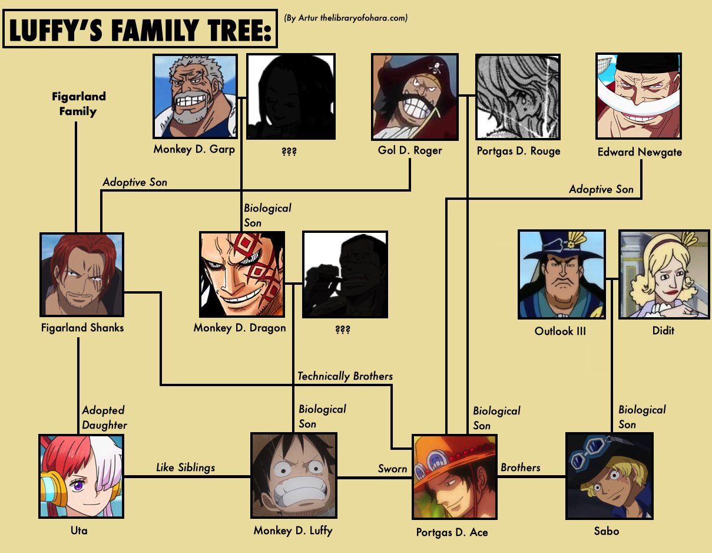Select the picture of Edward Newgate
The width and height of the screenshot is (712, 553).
[639, 96]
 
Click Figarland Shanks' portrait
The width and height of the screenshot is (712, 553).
[82, 274]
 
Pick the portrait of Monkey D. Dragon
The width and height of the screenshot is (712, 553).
[242, 274]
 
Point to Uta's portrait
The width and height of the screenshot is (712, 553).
[81, 476]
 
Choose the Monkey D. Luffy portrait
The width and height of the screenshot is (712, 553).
[294, 476]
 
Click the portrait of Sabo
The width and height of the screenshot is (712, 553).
[609, 476]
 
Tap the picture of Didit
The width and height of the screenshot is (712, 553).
[664, 274]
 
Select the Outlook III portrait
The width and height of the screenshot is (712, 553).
[561, 274]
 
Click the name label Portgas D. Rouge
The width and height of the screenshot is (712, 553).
[518, 151]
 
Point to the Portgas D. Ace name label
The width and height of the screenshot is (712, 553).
[452, 532]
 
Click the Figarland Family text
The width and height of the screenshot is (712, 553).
[78, 104]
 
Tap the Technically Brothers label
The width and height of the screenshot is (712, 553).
[345, 376]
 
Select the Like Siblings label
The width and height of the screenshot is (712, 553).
[186, 468]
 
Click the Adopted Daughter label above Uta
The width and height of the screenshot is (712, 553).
[104, 417]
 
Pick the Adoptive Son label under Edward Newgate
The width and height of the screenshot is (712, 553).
[601, 189]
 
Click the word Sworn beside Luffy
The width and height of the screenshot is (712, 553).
[392, 469]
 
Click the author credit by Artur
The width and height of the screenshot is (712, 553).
[346, 18]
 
